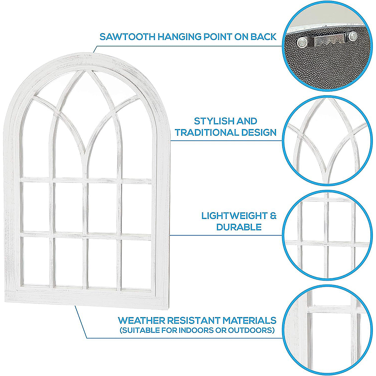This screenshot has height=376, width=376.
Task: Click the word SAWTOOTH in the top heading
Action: coord(128,37)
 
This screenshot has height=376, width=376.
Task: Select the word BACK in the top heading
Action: coord(264,37)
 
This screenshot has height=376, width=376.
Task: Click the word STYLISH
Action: coord(214,121)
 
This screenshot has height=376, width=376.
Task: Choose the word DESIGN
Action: coord(259,133)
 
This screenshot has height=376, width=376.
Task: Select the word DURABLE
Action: coord(239,227)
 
